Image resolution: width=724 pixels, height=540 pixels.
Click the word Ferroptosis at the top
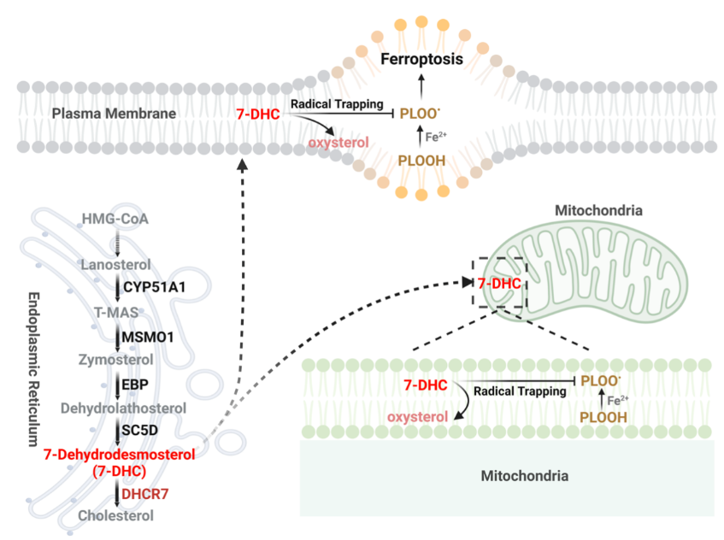pos(421,60)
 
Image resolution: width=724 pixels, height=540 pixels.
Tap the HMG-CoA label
pos(115,220)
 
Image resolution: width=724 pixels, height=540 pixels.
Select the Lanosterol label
pos(115,265)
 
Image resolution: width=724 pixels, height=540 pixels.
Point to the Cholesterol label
pos(116,515)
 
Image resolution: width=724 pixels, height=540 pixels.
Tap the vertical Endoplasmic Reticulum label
pos(34,368)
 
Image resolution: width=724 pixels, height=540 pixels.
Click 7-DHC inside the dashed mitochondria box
pos(500,283)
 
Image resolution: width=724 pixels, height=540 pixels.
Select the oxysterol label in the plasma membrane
pos(341,142)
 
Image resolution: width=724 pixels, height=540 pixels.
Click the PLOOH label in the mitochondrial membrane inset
pos(603,417)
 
